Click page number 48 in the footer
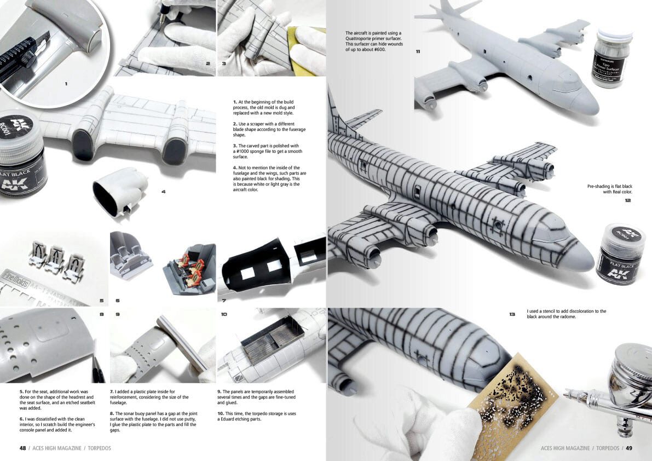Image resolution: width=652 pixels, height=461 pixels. pyautogui.click(x=22, y=448)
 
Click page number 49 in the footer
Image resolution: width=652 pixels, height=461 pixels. pyautogui.click(x=629, y=448)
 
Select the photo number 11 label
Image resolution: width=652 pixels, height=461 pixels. pyautogui.click(x=418, y=51)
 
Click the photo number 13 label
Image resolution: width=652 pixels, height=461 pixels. pyautogui.click(x=512, y=314)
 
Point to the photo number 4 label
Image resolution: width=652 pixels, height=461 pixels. pyautogui.click(x=164, y=192)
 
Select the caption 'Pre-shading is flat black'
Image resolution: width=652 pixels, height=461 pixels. pyautogui.click(x=610, y=187)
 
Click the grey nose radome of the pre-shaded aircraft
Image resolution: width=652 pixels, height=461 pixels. pyautogui.click(x=578, y=254)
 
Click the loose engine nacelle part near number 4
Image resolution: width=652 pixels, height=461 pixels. pyautogui.click(x=120, y=192)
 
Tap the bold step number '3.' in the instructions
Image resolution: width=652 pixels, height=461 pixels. pyautogui.click(x=235, y=146)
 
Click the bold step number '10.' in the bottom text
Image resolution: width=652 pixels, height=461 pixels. pyautogui.click(x=221, y=413)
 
